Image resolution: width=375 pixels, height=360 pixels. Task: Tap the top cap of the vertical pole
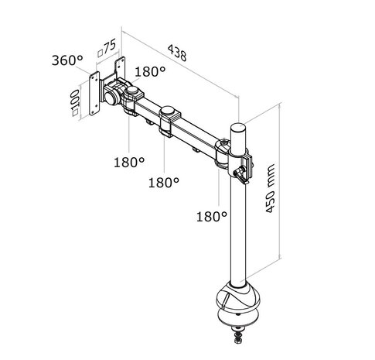237,125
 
